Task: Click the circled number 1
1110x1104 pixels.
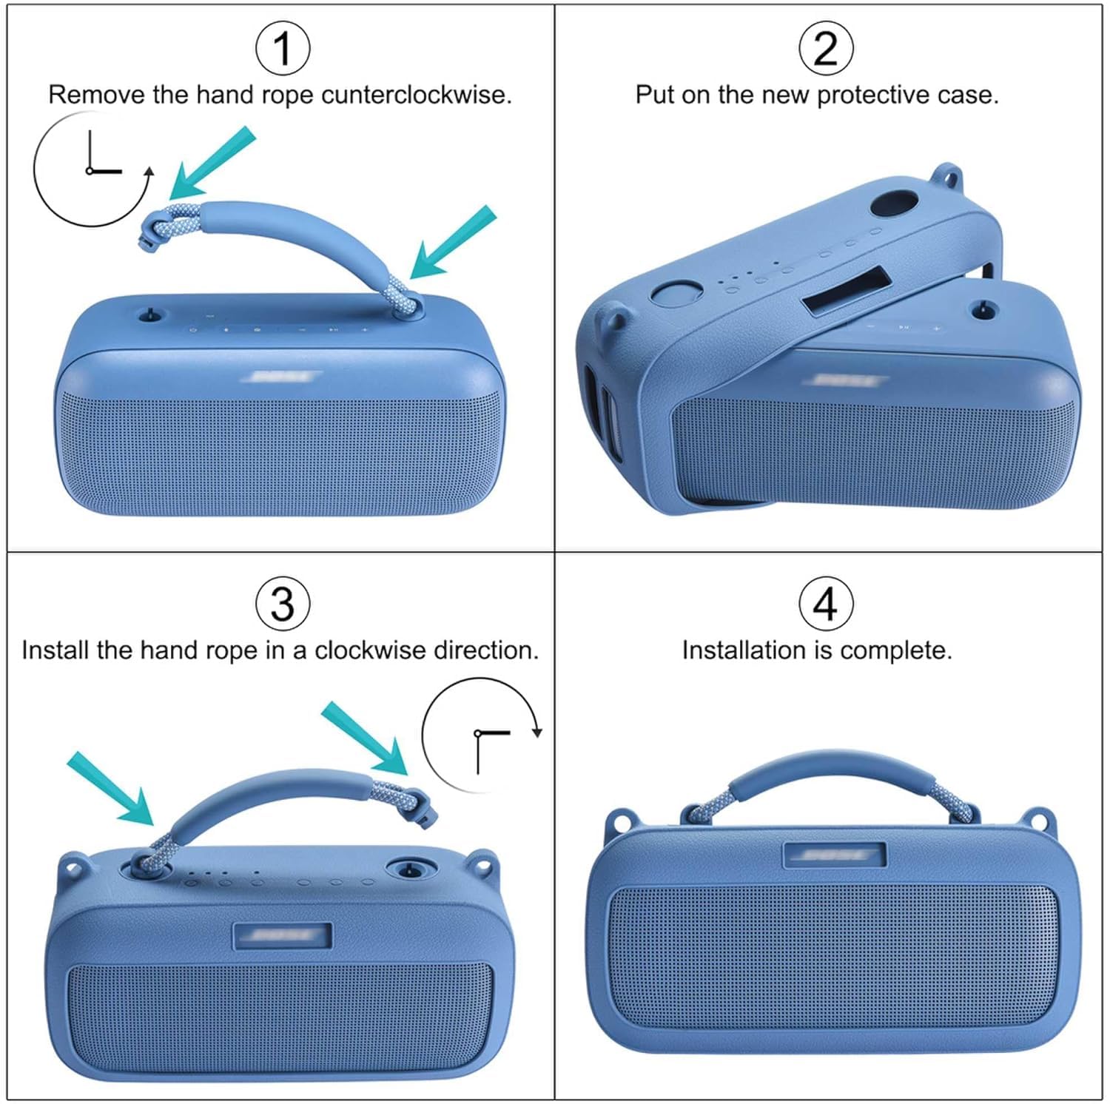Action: [x=283, y=48]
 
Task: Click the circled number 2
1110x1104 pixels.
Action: [x=825, y=48]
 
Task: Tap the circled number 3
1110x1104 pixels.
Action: [x=283, y=604]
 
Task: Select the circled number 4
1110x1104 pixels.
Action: [x=825, y=604]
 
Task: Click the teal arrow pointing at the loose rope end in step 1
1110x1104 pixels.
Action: [x=212, y=164]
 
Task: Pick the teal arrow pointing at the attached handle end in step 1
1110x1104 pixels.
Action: [x=452, y=243]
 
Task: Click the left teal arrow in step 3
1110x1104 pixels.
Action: [x=111, y=789]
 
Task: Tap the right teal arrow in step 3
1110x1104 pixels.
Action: [x=365, y=738]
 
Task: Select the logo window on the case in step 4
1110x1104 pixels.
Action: [x=834, y=855]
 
